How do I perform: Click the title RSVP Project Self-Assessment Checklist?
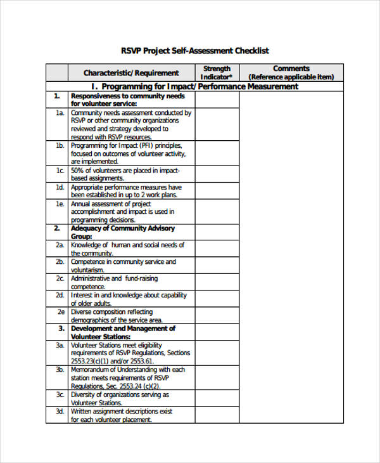(x=194, y=51)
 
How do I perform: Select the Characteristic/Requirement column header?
(x=131, y=73)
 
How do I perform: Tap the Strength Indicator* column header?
(x=217, y=72)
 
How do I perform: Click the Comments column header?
(x=291, y=72)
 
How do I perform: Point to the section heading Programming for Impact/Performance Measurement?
(x=194, y=86)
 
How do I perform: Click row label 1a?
(x=60, y=113)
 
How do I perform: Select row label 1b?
(x=60, y=146)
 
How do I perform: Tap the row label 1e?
(x=60, y=204)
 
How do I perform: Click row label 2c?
(x=60, y=278)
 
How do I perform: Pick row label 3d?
(x=60, y=411)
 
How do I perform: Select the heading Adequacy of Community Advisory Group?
(x=123, y=232)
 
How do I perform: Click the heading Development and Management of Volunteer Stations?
(x=123, y=332)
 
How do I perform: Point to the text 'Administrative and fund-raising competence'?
(x=115, y=282)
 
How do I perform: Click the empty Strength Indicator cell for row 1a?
(x=217, y=124)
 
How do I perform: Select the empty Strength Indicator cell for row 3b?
(x=217, y=377)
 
